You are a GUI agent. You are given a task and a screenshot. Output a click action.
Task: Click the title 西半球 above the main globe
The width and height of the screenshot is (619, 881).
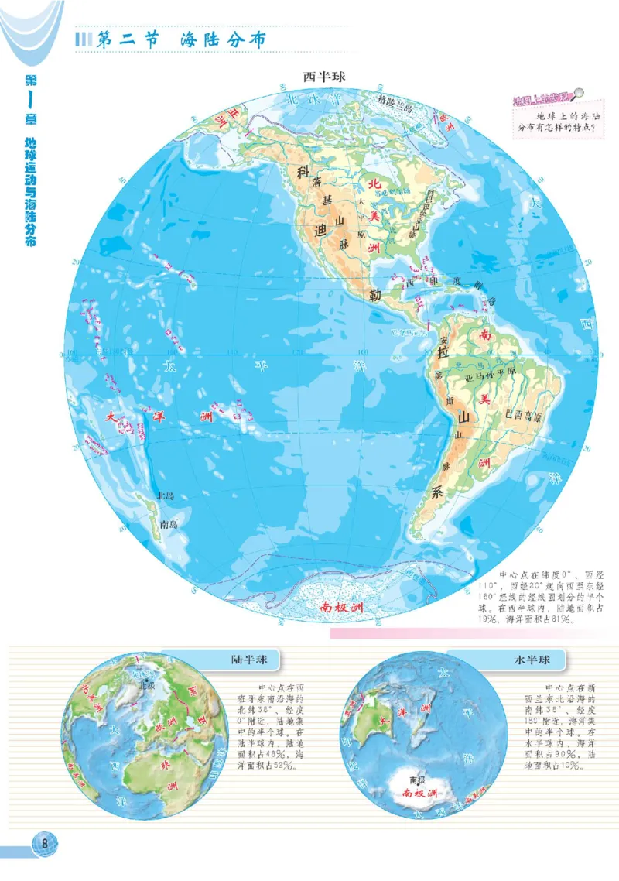[x=323, y=77]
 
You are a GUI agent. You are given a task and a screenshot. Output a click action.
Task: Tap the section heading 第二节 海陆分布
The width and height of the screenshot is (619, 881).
[x=180, y=41]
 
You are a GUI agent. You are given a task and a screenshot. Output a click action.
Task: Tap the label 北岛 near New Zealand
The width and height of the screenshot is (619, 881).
[x=165, y=495]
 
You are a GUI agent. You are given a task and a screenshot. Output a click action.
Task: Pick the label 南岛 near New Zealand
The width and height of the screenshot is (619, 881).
[x=169, y=524]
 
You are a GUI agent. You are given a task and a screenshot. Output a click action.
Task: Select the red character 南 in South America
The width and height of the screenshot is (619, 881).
[x=485, y=335]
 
